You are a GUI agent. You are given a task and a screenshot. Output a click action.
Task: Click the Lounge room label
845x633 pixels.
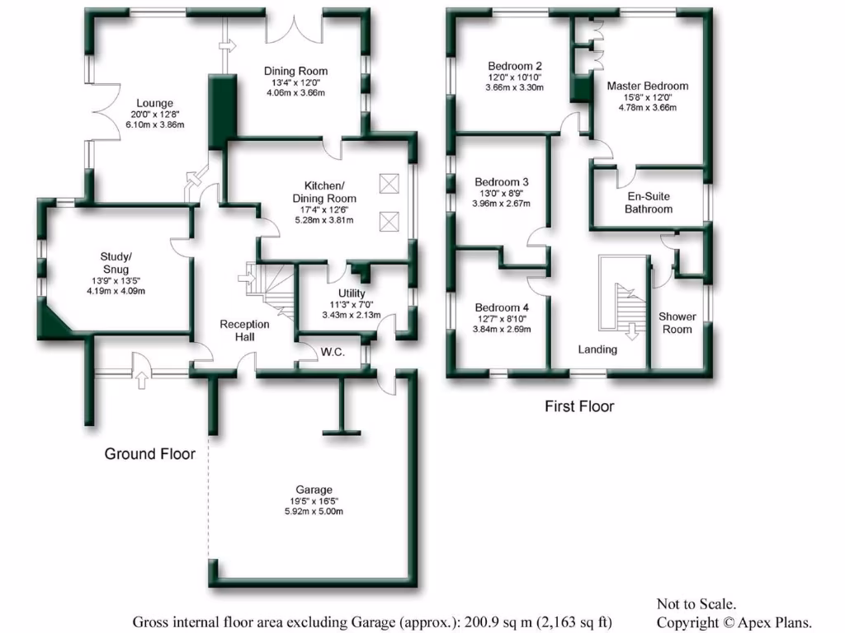[x=155, y=103]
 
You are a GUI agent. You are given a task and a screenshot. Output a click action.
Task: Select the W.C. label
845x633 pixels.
[x=333, y=352]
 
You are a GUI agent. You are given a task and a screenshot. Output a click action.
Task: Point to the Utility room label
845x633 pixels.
[x=352, y=293]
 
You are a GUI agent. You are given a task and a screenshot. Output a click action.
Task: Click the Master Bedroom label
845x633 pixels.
[x=648, y=86]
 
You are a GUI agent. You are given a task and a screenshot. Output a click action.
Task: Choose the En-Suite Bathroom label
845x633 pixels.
[x=648, y=203]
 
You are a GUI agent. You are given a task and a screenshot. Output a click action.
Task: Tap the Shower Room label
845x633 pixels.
[x=677, y=322]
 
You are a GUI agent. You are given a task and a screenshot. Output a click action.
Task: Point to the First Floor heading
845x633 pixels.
[x=579, y=406]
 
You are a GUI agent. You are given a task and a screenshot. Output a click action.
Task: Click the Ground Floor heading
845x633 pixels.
[x=149, y=454]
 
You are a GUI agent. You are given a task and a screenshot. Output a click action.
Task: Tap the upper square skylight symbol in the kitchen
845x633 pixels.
[x=389, y=183]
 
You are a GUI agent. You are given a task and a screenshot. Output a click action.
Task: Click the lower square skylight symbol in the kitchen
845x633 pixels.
[x=389, y=221]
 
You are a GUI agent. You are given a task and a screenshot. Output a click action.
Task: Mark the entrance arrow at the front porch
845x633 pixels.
[x=140, y=378]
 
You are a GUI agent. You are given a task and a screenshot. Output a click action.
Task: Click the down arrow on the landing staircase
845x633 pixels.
[x=633, y=331]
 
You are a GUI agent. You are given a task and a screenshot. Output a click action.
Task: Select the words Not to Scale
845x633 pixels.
[x=696, y=604]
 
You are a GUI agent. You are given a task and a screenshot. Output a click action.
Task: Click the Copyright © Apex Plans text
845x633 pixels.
[x=734, y=622]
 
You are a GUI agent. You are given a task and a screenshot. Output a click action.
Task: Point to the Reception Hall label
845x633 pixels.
[x=244, y=331]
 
